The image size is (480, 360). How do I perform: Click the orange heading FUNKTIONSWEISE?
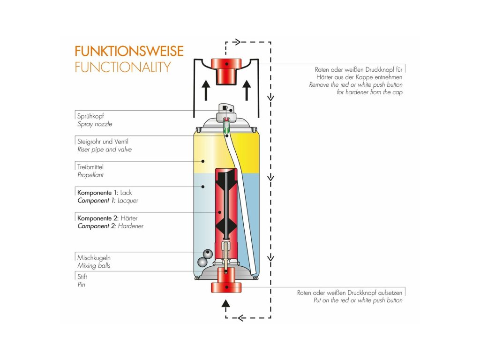(x=129, y=51)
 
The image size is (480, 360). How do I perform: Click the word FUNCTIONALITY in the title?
(x=122, y=67)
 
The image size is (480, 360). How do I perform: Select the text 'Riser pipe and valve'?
(x=104, y=150)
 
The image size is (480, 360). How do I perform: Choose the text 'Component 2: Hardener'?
(x=110, y=226)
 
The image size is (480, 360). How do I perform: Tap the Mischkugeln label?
(x=94, y=258)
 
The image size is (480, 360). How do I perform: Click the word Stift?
(x=82, y=277)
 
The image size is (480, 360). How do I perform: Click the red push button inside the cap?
(x=226, y=70)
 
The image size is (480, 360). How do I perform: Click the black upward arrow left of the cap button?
(x=205, y=90)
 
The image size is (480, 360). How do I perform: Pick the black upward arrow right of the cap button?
(x=247, y=90)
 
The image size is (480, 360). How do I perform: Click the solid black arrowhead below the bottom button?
(x=226, y=303)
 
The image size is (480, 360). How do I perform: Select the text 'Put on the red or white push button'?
(x=358, y=300)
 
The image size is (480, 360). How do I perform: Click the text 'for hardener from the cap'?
(x=369, y=92)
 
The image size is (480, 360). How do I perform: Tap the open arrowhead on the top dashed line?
(x=237, y=42)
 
